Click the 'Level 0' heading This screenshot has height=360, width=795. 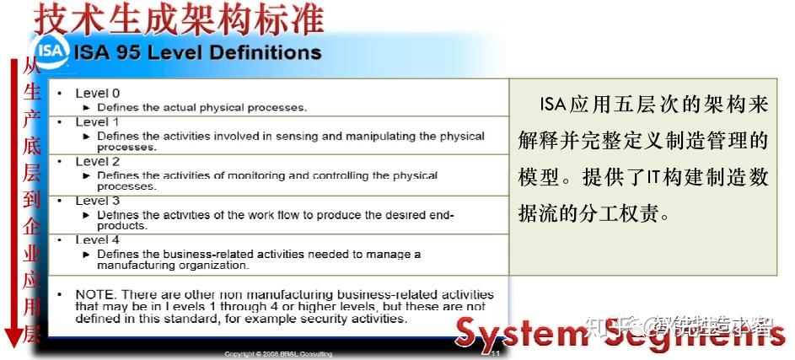click(x=98, y=94)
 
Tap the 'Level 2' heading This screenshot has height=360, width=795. click(x=98, y=161)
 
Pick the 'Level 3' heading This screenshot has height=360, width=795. click(x=98, y=201)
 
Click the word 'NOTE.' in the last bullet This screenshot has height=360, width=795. click(x=94, y=294)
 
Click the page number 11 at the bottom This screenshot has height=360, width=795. click(x=496, y=354)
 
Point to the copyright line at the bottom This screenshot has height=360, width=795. click(x=278, y=354)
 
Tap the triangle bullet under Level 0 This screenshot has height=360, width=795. click(x=88, y=108)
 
